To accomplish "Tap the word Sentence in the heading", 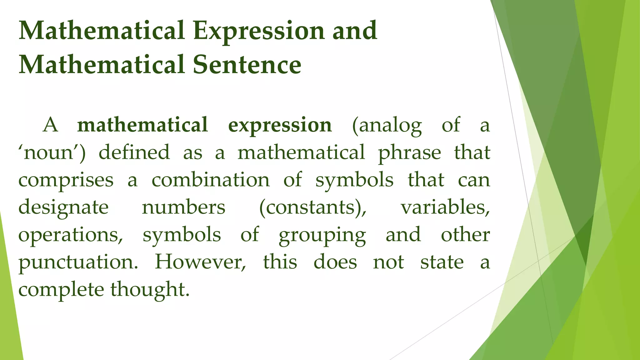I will pos(247,65).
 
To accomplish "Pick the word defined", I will pos(134,152).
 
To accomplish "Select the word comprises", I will pos(66,181).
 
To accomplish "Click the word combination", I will pos(210,180).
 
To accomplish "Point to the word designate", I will pos(63,208).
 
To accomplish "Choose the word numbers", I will pos(183,207).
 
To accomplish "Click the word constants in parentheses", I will pos(313,207).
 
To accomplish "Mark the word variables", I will pos(445,207).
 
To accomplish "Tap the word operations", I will pos(71,235).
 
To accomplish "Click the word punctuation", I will pos(78,262).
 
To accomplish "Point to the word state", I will pos(442,262).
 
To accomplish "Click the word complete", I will pos(61,290).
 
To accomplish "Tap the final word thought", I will pos(150,290).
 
